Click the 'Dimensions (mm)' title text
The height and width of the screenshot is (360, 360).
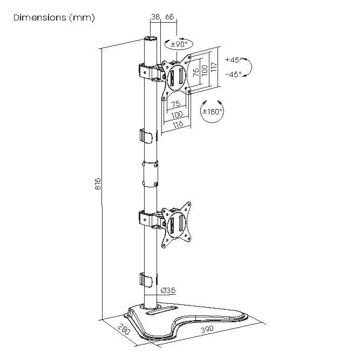tap(54, 18)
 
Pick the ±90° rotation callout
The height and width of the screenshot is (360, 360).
tap(179, 44)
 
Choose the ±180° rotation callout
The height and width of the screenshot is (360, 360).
tap(212, 112)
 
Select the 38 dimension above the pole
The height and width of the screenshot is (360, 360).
tap(155, 18)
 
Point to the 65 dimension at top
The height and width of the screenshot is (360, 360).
tap(169, 18)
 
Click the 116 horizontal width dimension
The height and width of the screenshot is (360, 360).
tap(178, 124)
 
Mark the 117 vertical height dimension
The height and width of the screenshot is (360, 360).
tap(214, 67)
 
